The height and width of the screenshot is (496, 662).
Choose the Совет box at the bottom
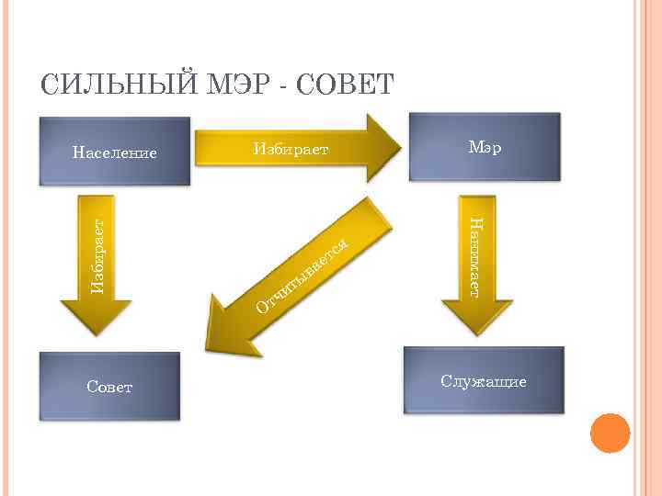pos(109,386)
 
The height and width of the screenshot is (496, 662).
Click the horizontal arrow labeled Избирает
pos(294,149)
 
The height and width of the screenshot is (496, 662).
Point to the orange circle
pos(609,433)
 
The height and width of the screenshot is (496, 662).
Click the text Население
pos(115,152)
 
